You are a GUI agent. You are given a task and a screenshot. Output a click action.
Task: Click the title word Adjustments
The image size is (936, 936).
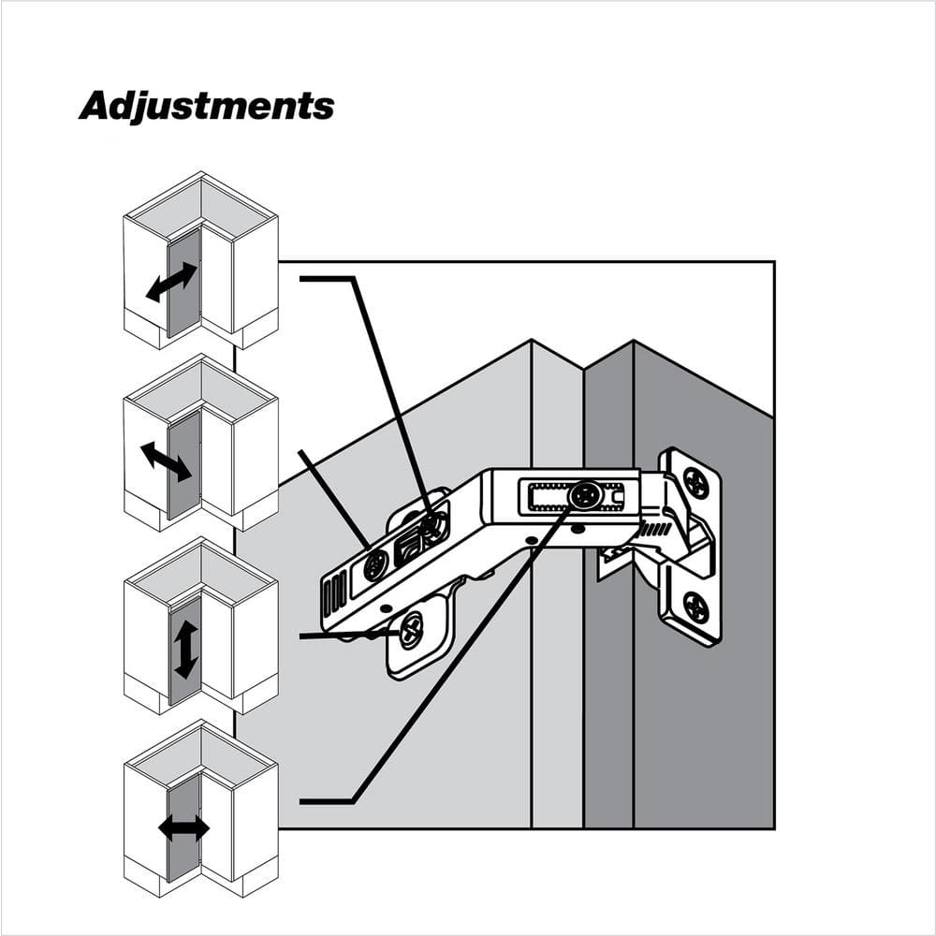[x=207, y=107]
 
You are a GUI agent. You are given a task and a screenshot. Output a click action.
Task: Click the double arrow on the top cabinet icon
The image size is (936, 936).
[x=171, y=282]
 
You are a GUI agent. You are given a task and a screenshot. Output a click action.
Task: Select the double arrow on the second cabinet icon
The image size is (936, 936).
[x=166, y=461]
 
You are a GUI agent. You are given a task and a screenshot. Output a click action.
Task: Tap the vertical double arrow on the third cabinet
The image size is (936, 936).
[x=185, y=650]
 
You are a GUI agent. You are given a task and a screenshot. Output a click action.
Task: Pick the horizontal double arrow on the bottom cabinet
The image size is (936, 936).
[x=183, y=828]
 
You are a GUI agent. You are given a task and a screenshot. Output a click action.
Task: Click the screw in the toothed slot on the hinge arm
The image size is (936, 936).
[x=584, y=495]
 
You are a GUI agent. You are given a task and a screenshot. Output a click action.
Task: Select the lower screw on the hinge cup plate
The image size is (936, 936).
[x=696, y=607]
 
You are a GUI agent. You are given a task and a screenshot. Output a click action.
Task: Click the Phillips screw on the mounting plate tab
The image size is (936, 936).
[x=412, y=630]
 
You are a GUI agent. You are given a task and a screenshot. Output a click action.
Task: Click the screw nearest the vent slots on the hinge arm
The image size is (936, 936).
[x=376, y=564]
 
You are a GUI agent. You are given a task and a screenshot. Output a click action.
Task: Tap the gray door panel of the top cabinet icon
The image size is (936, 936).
[x=183, y=283]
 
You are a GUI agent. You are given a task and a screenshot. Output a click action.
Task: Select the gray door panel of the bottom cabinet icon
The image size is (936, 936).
[x=183, y=829]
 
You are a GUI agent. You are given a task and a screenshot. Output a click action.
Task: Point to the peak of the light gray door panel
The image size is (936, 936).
[x=532, y=341]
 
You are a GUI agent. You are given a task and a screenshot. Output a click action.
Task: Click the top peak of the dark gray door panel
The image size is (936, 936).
[x=634, y=341]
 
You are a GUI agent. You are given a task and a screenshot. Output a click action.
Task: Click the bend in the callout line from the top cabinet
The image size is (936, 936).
[x=355, y=278]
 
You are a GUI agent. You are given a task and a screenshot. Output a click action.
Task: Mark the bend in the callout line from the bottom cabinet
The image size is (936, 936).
[x=354, y=801]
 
